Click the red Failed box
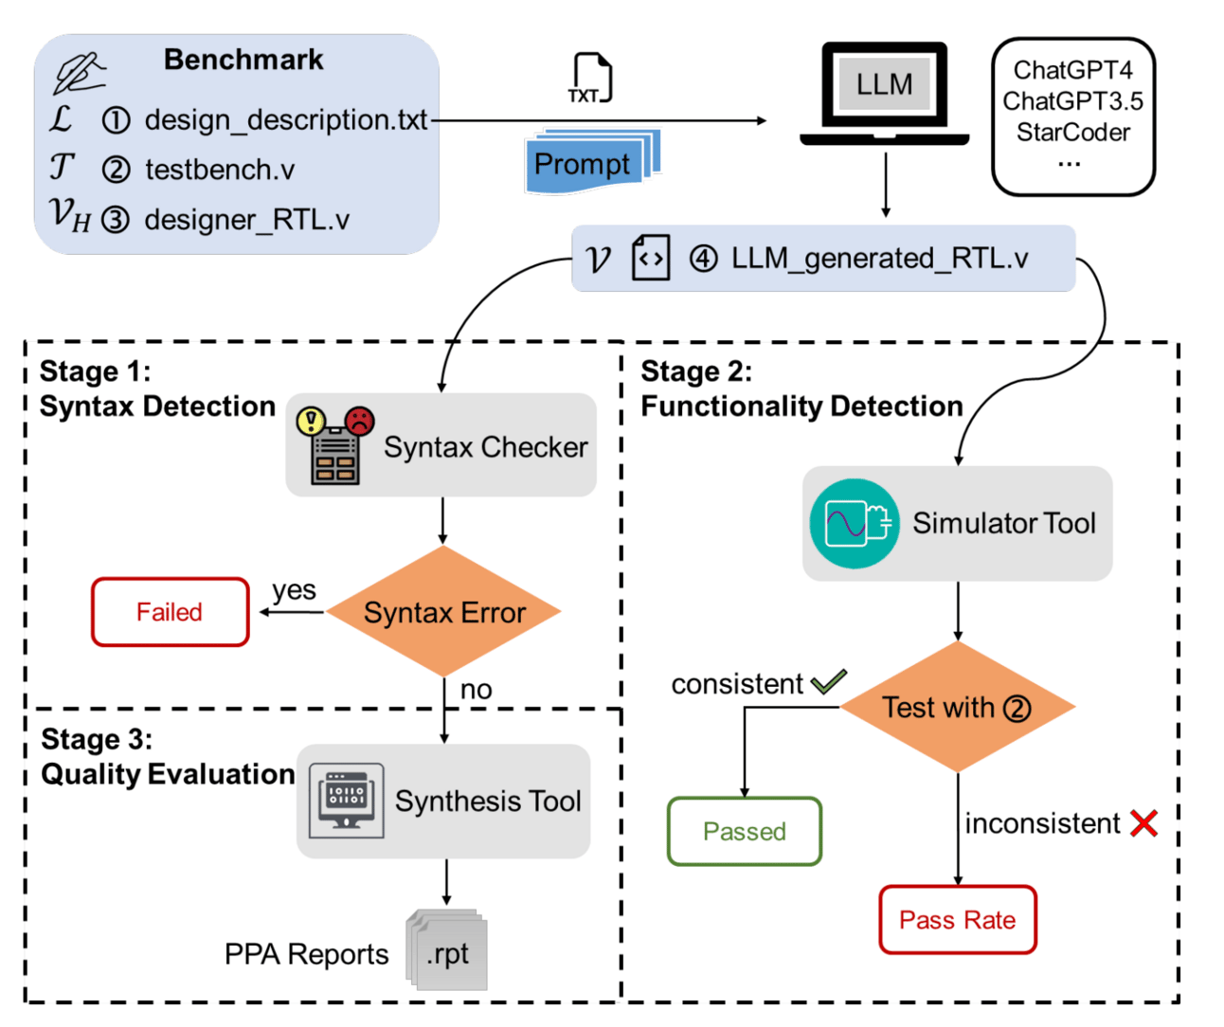pos(171,612)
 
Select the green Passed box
pos(745,831)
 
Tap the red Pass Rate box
pos(958,920)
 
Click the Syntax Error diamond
pos(444,612)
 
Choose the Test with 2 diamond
pos(958,708)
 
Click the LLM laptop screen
pos(884,84)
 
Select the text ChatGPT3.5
pos(1072,101)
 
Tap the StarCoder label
pos(1072,133)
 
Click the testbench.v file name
pos(220,171)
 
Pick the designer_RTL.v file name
pos(246,220)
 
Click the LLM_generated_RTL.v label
pos(879,259)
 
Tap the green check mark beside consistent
pos(829,681)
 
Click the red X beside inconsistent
pos(1144,823)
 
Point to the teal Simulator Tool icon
pos(855,523)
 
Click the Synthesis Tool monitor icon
pos(347,801)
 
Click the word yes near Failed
pos(294,590)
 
